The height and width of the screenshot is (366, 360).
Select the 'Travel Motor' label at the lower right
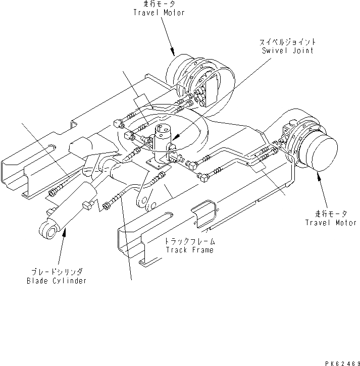pos(331,223)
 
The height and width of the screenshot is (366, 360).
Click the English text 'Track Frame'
pos(189,250)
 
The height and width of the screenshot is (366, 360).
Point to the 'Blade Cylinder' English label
pos(57,281)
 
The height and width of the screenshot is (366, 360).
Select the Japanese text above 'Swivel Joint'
pos(287,42)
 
